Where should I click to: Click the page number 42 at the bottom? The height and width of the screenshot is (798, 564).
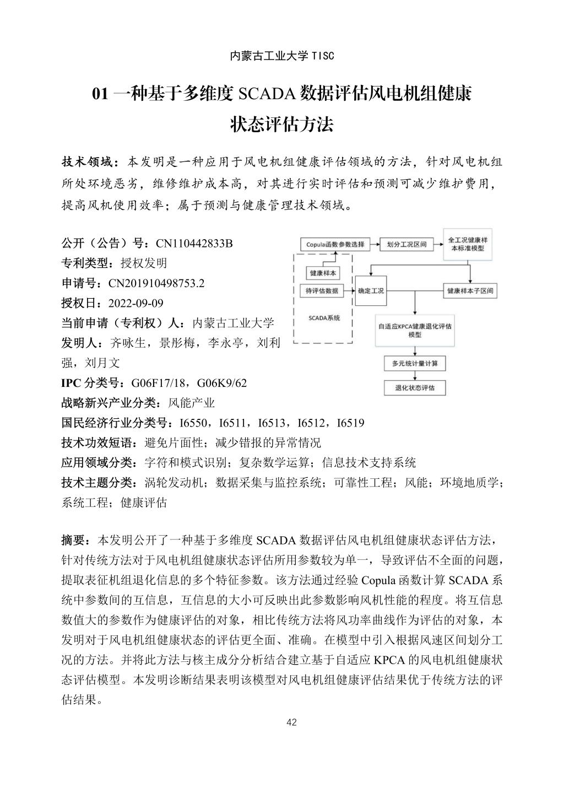[x=292, y=722]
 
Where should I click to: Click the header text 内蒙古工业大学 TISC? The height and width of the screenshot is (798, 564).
[x=281, y=56]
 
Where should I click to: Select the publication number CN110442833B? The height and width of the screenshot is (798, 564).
[x=194, y=244]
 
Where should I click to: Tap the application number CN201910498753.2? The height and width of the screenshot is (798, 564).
[x=156, y=283]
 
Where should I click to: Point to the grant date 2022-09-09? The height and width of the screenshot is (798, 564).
[x=136, y=303]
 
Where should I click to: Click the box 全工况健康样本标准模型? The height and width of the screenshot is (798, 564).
[x=468, y=244]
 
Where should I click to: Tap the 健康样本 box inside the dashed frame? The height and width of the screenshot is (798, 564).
[x=322, y=273]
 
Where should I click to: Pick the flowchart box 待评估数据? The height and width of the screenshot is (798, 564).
[x=322, y=291]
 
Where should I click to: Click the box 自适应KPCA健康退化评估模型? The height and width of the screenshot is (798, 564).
[x=415, y=330]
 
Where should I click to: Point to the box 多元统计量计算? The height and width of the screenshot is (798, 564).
[x=415, y=364]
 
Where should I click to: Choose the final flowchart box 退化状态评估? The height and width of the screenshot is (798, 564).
[x=415, y=387]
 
